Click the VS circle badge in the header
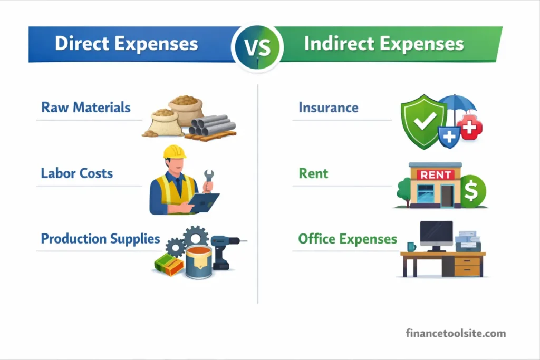point(257,47)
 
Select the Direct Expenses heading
point(127,44)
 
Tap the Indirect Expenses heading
point(384,44)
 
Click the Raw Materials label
point(86,108)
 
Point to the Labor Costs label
point(77,173)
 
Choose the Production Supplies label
point(101,238)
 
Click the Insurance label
point(329,108)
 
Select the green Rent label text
point(313,173)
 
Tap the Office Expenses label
point(348,239)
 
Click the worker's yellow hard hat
point(175,152)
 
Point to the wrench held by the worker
point(208,179)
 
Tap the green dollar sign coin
point(472,190)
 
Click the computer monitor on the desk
point(436,233)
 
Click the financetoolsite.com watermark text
point(456,333)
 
